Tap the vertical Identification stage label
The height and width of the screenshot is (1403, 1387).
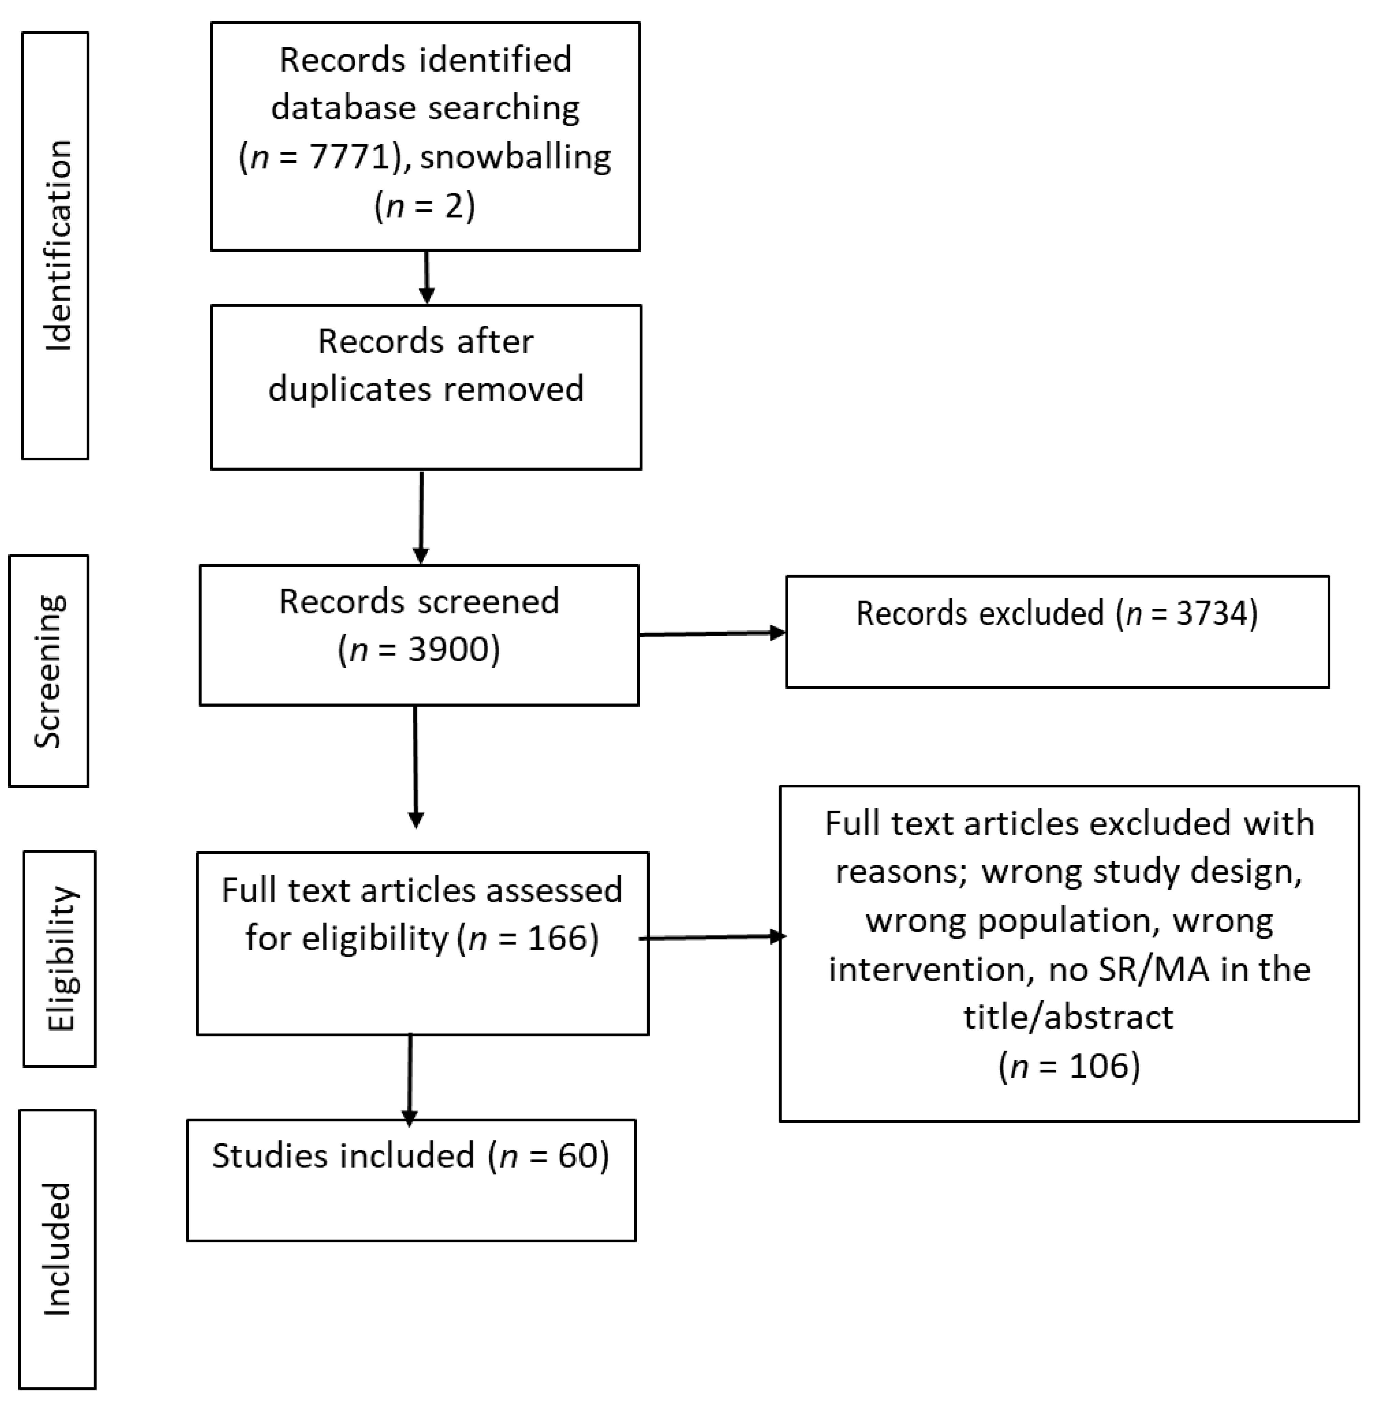(x=57, y=246)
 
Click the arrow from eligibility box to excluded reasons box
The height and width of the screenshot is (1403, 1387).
(x=712, y=937)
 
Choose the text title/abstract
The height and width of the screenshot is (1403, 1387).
(x=1068, y=1017)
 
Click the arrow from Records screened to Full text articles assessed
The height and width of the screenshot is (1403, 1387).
(x=416, y=766)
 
